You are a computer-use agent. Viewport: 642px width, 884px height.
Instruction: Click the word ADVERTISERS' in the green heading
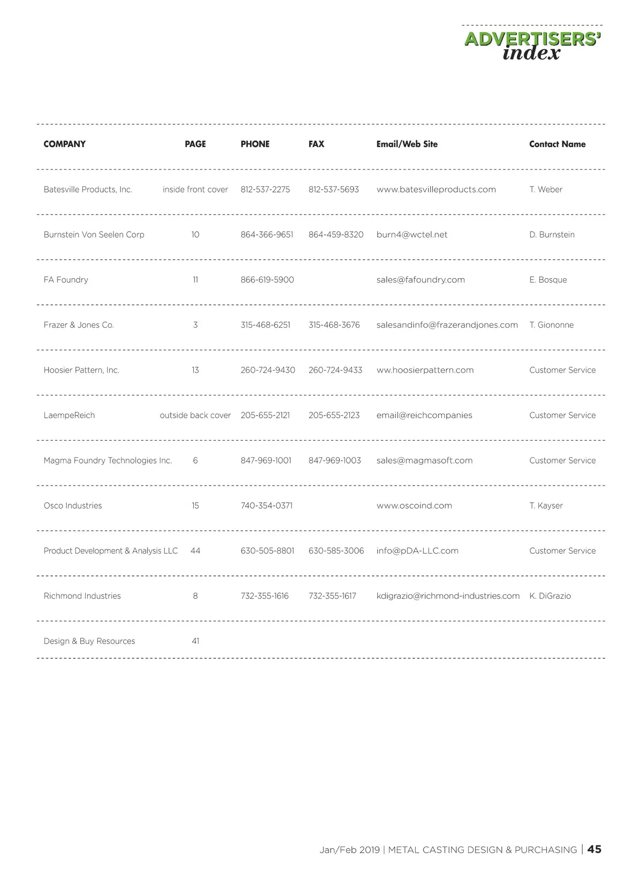(532, 39)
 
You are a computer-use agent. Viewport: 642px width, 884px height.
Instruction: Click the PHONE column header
(255, 144)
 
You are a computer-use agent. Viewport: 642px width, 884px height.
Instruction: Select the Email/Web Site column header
(407, 144)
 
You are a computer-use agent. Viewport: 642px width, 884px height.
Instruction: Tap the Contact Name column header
(557, 144)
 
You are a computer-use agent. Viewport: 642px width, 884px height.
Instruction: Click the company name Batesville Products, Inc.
(88, 189)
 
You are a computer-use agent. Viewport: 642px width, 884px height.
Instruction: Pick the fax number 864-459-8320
(335, 234)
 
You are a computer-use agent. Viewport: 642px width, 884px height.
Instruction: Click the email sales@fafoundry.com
(421, 280)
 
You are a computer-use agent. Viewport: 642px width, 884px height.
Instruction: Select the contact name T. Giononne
(551, 325)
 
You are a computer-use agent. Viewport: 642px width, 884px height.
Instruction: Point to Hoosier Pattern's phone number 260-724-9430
(267, 370)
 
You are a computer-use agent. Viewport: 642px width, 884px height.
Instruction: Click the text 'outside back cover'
(195, 415)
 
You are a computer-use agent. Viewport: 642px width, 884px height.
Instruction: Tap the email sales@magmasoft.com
(424, 460)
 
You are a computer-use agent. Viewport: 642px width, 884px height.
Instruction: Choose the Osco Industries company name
(73, 505)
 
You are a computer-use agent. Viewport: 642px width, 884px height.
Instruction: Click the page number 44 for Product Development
(195, 551)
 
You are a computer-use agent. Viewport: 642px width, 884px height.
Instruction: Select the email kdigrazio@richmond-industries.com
(448, 596)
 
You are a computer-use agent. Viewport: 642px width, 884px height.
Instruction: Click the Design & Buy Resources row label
(89, 641)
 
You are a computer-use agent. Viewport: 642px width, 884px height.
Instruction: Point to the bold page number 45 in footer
(594, 849)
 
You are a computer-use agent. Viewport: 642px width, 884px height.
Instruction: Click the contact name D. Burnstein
(552, 234)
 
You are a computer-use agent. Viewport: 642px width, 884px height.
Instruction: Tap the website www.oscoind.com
(414, 505)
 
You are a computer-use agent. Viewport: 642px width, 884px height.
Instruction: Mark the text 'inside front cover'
(195, 189)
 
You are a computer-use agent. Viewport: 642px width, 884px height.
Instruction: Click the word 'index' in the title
(531, 53)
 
